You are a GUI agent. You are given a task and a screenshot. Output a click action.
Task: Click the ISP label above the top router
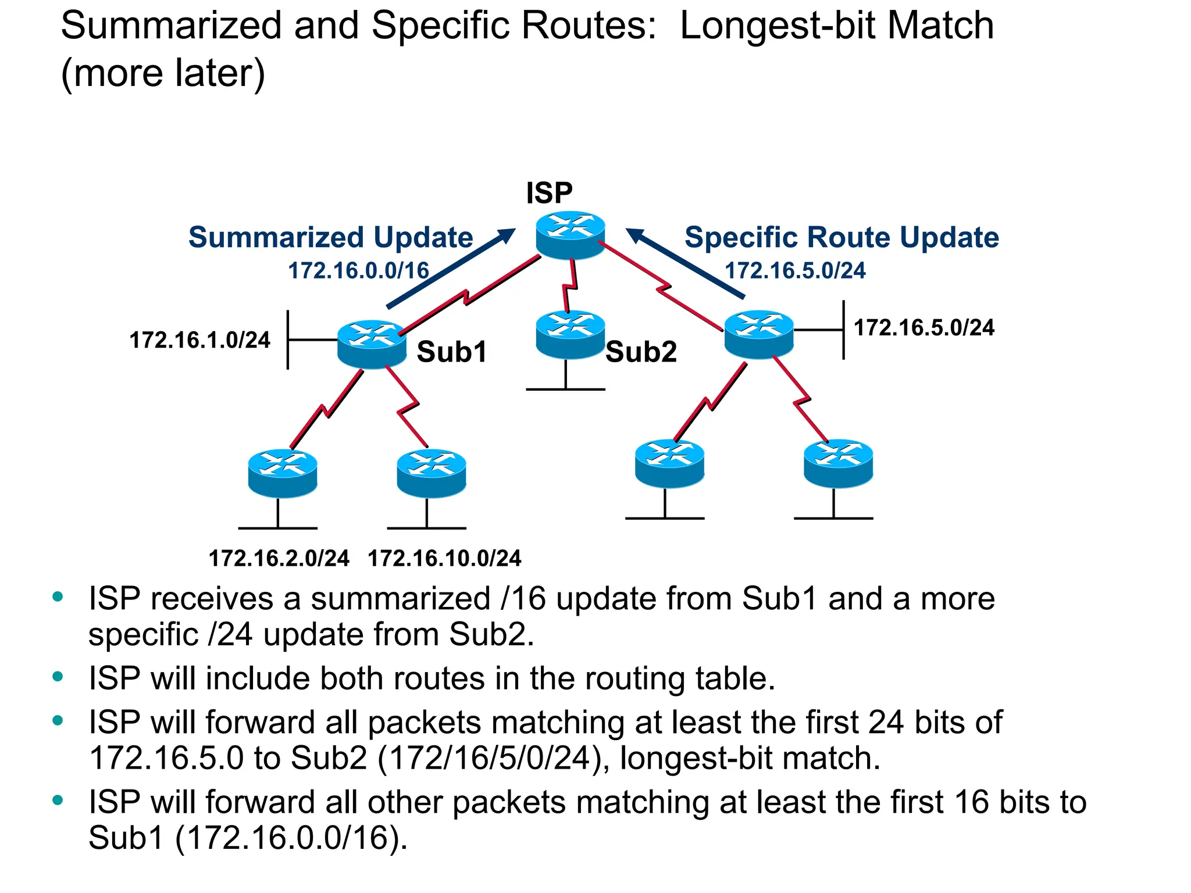click(x=549, y=193)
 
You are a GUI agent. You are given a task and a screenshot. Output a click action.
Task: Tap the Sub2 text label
click(x=641, y=352)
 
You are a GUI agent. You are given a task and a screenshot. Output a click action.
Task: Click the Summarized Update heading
click(x=330, y=237)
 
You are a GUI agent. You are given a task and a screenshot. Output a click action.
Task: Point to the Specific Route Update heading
click(x=841, y=237)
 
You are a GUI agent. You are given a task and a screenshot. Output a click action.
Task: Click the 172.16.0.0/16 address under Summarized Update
click(x=358, y=270)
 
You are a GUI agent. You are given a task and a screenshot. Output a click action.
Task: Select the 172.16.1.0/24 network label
click(x=199, y=340)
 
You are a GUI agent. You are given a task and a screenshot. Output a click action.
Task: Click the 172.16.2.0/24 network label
click(x=279, y=558)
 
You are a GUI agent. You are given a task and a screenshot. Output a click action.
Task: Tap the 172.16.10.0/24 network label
click(x=444, y=558)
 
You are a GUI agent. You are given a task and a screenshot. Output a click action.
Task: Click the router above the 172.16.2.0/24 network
click(x=283, y=473)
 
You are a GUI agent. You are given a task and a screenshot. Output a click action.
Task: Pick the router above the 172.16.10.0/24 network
click(x=432, y=473)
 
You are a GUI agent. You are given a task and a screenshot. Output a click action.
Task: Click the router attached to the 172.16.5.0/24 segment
click(x=759, y=334)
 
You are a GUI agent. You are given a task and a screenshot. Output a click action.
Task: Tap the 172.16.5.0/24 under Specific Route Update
click(x=795, y=270)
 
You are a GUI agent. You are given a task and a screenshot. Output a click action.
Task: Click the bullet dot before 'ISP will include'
click(x=58, y=676)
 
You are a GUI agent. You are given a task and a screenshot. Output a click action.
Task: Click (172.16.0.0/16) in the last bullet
click(x=291, y=838)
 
